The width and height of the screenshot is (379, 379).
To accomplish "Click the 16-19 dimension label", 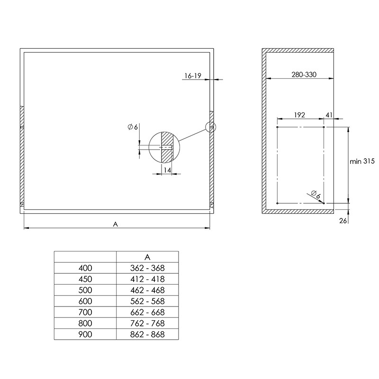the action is tap(193, 76).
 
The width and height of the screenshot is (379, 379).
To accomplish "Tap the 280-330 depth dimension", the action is tap(304, 74).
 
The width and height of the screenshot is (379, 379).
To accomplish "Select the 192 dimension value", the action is tap(299, 115).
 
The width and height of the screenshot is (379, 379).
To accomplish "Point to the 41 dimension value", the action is tap(329, 115).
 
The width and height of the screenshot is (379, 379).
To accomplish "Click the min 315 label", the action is tap(362, 161).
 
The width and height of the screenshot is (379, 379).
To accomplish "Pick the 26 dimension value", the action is tap(343, 221).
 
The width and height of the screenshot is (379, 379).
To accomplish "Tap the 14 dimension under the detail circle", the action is tap(167, 171).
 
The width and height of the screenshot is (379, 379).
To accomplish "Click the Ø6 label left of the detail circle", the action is tap(133, 127).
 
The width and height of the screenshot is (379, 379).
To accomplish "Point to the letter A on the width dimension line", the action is tap(115, 224).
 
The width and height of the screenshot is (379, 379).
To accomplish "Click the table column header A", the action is tap(147, 257).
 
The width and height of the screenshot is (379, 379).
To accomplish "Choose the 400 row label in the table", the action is tap(85, 268).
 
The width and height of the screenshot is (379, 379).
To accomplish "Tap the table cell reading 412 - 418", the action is tap(147, 279).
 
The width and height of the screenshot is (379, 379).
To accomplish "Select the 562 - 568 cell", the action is tap(147, 301).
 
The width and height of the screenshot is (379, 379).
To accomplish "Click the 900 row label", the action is tap(85, 334).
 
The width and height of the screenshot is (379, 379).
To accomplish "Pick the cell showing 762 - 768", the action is tap(147, 323).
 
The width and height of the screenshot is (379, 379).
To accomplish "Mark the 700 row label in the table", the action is tap(85, 312).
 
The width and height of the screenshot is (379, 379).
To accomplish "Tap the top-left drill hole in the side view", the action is tap(277, 127).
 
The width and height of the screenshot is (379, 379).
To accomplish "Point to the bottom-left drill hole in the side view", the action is tap(277, 203).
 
